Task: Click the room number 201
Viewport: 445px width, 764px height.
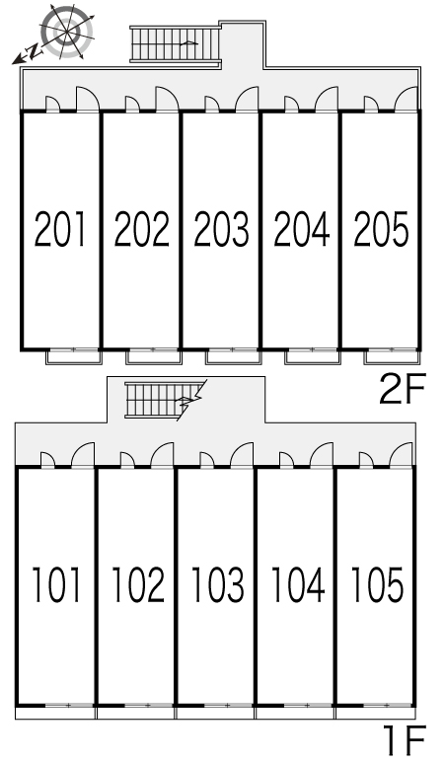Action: pyautogui.click(x=60, y=229)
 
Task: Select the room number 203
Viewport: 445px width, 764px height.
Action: pyautogui.click(x=222, y=229)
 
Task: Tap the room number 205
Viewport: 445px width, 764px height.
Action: pyautogui.click(x=381, y=229)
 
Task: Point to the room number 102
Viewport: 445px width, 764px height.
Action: pyautogui.click(x=138, y=584)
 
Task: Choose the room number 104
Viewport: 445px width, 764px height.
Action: pyautogui.click(x=298, y=584)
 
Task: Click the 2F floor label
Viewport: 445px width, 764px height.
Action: pyautogui.click(x=403, y=388)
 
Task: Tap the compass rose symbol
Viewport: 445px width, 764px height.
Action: pyautogui.click(x=67, y=31)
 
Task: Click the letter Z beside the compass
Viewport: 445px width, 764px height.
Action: pyautogui.click(x=34, y=50)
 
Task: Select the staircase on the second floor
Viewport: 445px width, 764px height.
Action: pyautogui.click(x=176, y=44)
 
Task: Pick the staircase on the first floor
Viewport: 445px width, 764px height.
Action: pyautogui.click(x=163, y=400)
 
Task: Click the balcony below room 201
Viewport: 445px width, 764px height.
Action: pyautogui.click(x=73, y=357)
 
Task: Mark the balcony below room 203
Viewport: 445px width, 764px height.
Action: pyautogui.click(x=233, y=357)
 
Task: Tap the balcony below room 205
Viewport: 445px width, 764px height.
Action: pyautogui.click(x=392, y=357)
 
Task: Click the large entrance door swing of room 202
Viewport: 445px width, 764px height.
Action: pyautogui.click(x=167, y=99)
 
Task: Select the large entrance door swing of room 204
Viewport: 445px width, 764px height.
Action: pyautogui.click(x=327, y=99)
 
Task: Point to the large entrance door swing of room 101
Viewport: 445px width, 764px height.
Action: pyautogui.click(x=83, y=454)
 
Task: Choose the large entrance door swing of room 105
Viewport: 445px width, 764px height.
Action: pyautogui.click(x=402, y=454)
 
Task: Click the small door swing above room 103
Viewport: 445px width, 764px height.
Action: pyautogui.click(x=207, y=459)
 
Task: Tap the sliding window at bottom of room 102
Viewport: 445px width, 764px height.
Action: pyautogui.click(x=148, y=705)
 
